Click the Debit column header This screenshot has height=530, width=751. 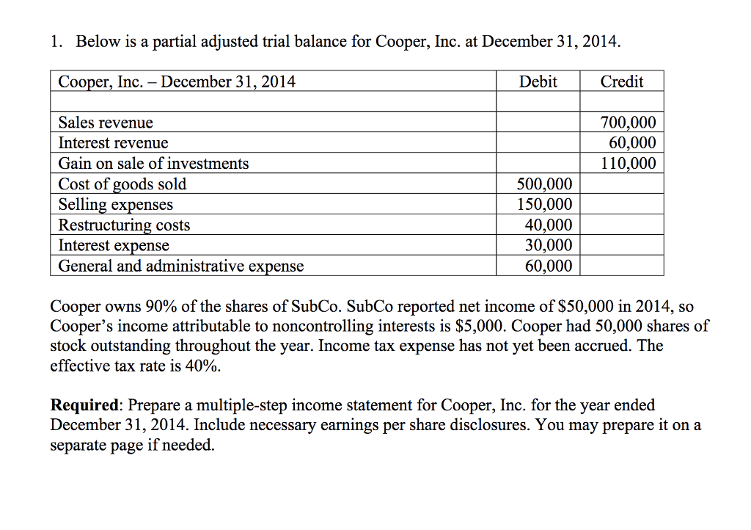pyautogui.click(x=538, y=81)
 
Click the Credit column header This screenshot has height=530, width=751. pyautogui.click(x=621, y=81)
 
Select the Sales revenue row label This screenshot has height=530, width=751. pyautogui.click(x=106, y=123)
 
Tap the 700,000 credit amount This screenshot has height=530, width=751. pyautogui.click(x=629, y=123)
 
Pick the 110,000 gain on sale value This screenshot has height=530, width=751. pyautogui.click(x=629, y=164)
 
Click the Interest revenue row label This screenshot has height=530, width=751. pyautogui.click(x=113, y=143)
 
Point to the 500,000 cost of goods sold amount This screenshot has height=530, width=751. pyautogui.click(x=545, y=184)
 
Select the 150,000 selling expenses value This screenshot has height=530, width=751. pyautogui.click(x=545, y=205)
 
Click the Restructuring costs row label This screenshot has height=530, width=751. pyautogui.click(x=124, y=225)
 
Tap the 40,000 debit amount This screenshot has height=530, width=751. pyautogui.click(x=549, y=225)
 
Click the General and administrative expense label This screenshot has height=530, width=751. pyautogui.click(x=180, y=266)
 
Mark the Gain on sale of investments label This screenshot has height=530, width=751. pyautogui.click(x=153, y=164)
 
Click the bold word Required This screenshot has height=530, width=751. pyautogui.click(x=84, y=405)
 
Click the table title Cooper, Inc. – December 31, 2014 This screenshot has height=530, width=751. pyautogui.click(x=177, y=81)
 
